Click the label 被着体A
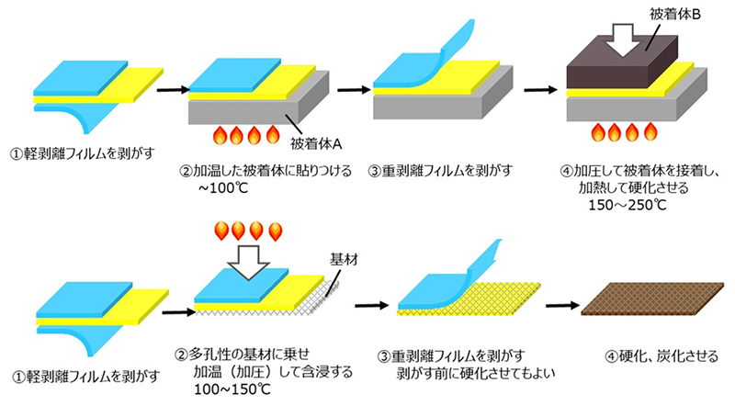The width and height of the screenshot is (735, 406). [316, 143]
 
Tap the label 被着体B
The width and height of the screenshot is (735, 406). [674, 15]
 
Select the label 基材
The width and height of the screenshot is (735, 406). [344, 259]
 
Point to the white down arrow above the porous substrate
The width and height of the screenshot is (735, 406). [248, 262]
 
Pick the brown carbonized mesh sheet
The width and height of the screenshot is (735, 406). [652, 299]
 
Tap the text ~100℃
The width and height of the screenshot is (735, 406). [222, 188]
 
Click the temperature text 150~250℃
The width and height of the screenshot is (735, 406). [628, 206]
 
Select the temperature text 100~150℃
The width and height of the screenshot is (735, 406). [232, 389]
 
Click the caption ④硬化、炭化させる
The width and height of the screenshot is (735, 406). [661, 356]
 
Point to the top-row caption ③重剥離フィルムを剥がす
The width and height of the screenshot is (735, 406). [441, 171]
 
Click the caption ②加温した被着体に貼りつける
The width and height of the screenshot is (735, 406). [266, 171]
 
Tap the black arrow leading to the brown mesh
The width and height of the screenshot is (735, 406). [563, 306]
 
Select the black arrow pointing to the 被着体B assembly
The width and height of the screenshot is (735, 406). [541, 89]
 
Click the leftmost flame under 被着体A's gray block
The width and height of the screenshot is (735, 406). [220, 136]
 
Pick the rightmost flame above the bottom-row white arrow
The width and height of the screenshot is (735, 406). [276, 231]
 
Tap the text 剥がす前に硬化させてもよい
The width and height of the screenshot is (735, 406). [476, 373]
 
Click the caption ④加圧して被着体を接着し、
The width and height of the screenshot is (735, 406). [639, 171]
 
